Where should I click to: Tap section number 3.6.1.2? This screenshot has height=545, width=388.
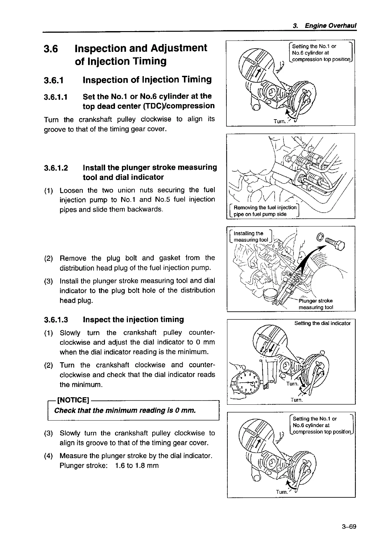pyautogui.click(x=56, y=168)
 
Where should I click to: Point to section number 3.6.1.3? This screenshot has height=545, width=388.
pyautogui.click(x=56, y=320)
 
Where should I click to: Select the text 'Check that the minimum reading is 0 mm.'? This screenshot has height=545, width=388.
pyautogui.click(x=125, y=411)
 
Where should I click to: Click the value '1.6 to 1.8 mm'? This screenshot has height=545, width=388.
pyautogui.click(x=136, y=466)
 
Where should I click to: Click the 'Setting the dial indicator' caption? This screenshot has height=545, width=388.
pyautogui.click(x=322, y=323)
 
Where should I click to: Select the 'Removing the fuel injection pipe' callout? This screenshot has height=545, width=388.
pyautogui.click(x=264, y=211)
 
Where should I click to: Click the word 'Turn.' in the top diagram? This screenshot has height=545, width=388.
pyautogui.click(x=280, y=121)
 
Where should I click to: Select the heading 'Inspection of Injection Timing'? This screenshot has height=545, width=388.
pyautogui.click(x=147, y=80)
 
